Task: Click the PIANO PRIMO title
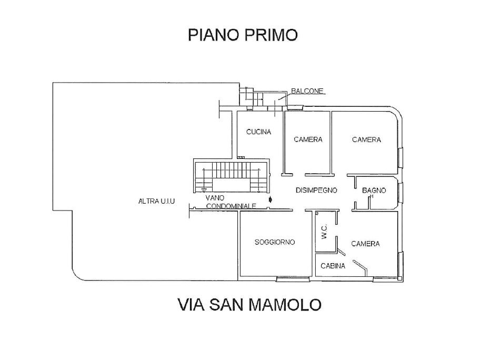click(x=243, y=35)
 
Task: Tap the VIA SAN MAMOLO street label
click(x=249, y=305)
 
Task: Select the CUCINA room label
click(x=258, y=132)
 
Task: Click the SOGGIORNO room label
click(x=274, y=242)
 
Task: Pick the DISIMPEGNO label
click(x=316, y=191)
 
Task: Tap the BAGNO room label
click(x=374, y=191)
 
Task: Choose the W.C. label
click(x=324, y=232)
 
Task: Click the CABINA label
click(x=333, y=266)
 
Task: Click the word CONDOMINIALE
click(x=232, y=206)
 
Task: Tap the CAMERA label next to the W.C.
click(x=366, y=244)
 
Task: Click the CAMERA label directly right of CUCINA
click(x=308, y=139)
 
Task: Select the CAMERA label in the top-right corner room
click(x=366, y=139)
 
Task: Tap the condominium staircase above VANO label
click(x=230, y=176)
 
